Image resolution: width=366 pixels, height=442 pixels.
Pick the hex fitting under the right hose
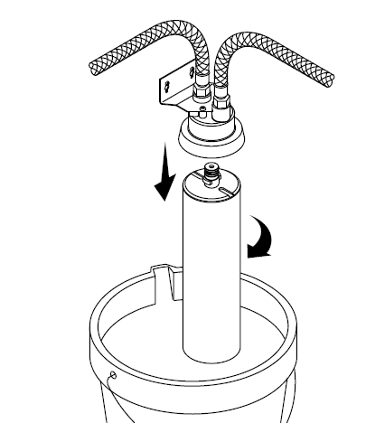click(221, 96)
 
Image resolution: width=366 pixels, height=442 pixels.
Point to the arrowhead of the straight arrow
click(164, 191)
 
